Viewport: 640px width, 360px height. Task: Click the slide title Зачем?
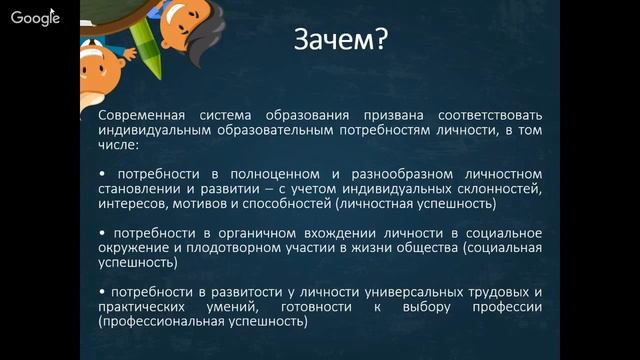(x=339, y=41)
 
